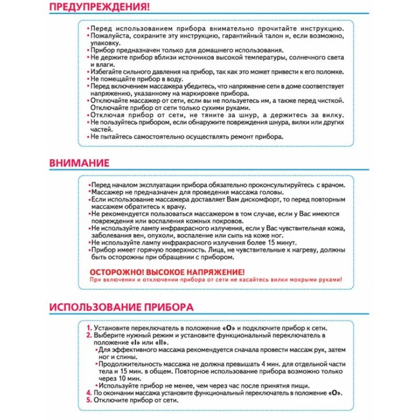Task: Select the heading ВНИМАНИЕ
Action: (x=79, y=163)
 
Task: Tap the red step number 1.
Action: (x=89, y=328)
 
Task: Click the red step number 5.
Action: (x=89, y=400)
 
